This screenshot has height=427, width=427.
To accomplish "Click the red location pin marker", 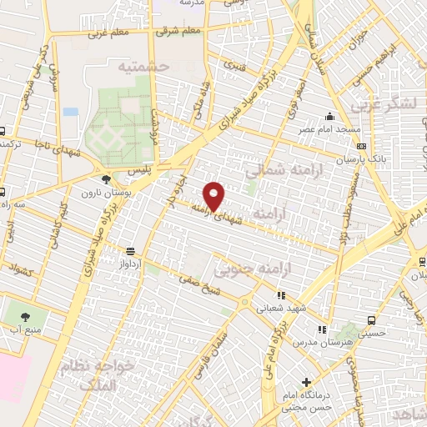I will click(215, 196).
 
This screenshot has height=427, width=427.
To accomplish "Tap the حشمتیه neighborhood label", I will click(143, 65).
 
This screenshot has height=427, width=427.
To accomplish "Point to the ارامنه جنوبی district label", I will click(250, 271).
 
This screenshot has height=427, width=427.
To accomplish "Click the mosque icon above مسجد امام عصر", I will click(331, 117).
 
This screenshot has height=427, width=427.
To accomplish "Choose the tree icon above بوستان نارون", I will click(106, 178).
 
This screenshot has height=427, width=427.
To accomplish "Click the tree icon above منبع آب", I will click(23, 316).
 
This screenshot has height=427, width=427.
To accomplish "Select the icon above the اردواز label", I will click(130, 250).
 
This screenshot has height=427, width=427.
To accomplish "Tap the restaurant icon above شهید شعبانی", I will click(282, 294).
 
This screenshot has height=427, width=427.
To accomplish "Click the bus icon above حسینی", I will click(372, 319).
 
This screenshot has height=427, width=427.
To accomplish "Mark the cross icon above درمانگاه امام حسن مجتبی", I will click(307, 382).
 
